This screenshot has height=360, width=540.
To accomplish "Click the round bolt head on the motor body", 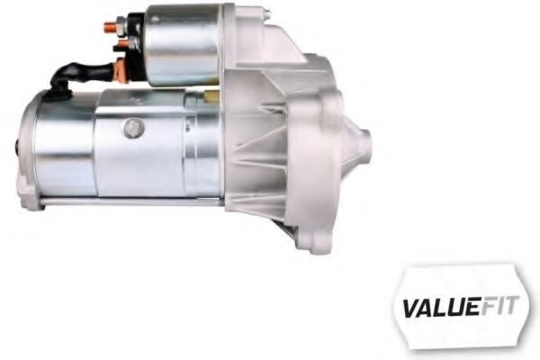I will pos(133,128).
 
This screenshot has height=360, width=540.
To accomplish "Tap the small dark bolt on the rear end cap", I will pos(20,142).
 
